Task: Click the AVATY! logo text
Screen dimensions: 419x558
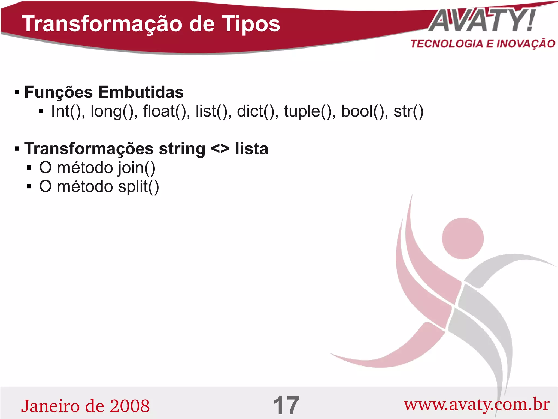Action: coord(482,21)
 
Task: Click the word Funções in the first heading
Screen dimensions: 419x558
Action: coord(58,92)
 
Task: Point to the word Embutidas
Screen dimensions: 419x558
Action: coord(141,92)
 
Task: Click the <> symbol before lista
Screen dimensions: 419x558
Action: coord(220,149)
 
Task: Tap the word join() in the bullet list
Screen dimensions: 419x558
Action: coord(137,168)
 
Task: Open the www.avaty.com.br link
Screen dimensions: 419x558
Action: coord(477,405)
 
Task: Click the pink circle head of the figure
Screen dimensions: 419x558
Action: coord(463,238)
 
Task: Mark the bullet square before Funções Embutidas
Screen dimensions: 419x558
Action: coord(17,93)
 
